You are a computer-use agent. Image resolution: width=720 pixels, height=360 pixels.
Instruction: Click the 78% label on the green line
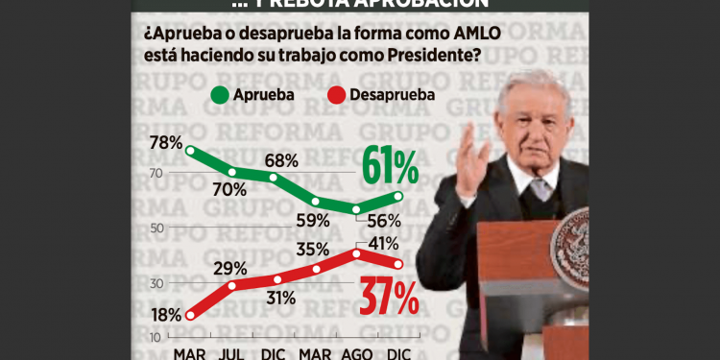(166, 143)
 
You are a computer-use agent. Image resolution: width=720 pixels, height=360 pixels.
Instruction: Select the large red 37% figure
(390, 299)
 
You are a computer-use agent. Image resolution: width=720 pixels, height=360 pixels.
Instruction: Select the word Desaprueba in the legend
(392, 95)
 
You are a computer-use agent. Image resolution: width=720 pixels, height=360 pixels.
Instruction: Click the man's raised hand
(475, 152)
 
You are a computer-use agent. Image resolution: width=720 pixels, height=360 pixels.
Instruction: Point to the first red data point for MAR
(190, 314)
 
